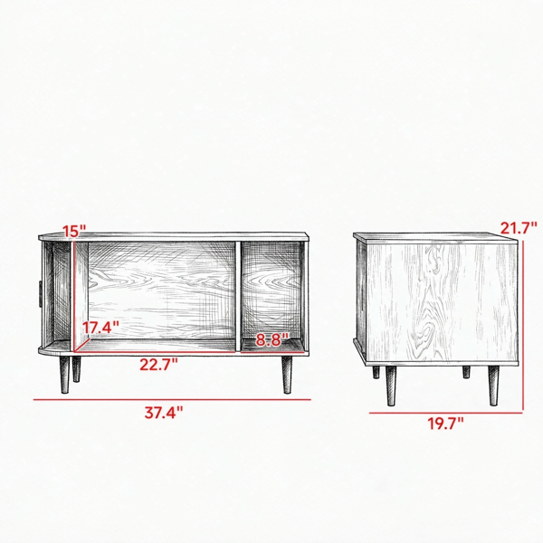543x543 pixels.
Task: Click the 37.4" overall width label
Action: pyautogui.click(x=164, y=413)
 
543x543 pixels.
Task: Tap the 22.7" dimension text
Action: pyautogui.click(x=158, y=365)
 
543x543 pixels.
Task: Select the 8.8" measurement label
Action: pyautogui.click(x=272, y=339)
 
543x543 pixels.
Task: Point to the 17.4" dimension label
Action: pyautogui.click(x=100, y=328)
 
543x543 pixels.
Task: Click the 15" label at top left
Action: pyautogui.click(x=74, y=231)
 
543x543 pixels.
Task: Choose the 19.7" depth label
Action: pyautogui.click(x=444, y=424)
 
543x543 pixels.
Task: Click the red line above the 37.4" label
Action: pyautogui.click(x=172, y=400)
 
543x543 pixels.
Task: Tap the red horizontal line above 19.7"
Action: pyautogui.click(x=445, y=413)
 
